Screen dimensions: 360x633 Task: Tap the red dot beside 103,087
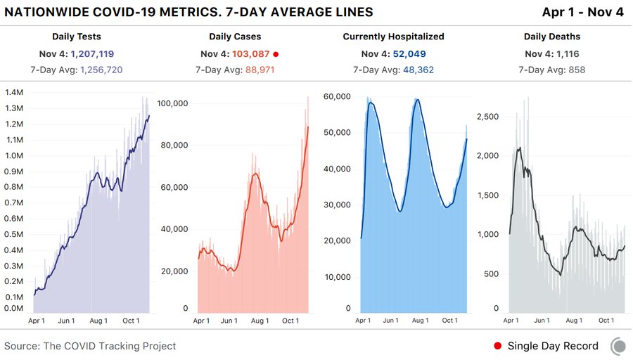click(x=276, y=54)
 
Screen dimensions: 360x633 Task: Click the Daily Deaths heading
click(x=551, y=36)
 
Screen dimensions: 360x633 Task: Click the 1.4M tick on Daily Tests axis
click(x=13, y=93)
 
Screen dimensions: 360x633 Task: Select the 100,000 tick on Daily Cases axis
click(x=173, y=103)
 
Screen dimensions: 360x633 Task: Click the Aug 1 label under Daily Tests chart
click(x=98, y=321)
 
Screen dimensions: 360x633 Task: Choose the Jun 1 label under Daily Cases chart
click(x=229, y=321)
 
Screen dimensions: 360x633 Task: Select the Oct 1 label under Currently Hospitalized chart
click(x=450, y=321)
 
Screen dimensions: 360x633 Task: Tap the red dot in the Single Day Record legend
click(x=498, y=346)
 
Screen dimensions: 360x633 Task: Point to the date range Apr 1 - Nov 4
click(x=583, y=13)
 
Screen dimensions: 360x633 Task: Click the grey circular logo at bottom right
click(x=618, y=346)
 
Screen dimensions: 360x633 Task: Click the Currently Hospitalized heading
click(x=393, y=36)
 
